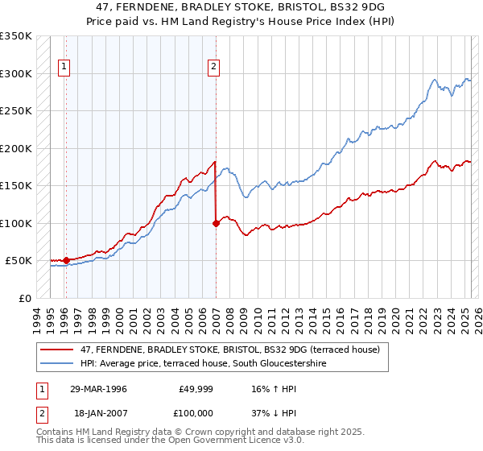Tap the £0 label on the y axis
click(25, 298)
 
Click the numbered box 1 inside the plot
click(64, 68)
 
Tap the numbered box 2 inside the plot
click(214, 68)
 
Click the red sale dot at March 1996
click(66, 260)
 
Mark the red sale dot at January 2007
click(216, 223)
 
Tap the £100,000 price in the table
click(194, 412)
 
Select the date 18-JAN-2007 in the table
click(97, 412)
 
